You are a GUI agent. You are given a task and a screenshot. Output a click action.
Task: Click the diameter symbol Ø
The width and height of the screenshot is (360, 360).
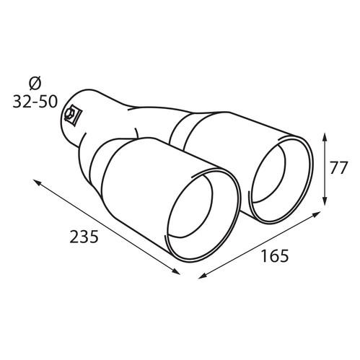(35, 84)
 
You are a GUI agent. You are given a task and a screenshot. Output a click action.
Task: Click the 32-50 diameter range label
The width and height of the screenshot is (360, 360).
(35, 102)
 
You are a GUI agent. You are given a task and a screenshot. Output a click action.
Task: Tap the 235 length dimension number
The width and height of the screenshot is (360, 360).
(84, 237)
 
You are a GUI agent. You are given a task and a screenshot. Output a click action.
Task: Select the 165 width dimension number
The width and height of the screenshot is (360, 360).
(275, 255)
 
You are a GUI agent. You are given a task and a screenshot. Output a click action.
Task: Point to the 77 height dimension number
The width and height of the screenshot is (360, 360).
(339, 167)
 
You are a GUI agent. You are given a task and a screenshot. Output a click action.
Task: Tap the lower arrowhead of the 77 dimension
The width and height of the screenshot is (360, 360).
(325, 201)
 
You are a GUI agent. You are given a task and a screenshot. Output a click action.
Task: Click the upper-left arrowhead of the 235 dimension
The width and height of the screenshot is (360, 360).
(37, 182)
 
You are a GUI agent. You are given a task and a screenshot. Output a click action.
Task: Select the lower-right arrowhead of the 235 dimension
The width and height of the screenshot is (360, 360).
(176, 271)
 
